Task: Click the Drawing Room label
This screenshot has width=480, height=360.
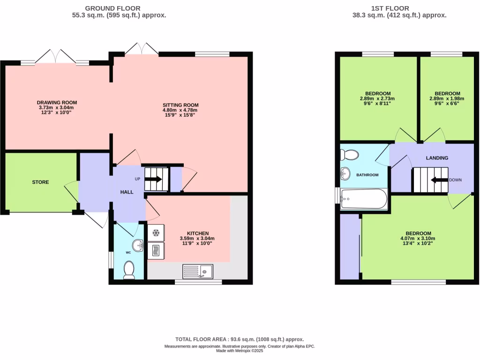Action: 57,102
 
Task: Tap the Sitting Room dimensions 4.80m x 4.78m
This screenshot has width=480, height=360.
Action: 180,110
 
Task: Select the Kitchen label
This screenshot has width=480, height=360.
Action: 197,233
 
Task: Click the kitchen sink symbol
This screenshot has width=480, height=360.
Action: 198,271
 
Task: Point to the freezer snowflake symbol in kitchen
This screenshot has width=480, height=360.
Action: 156,233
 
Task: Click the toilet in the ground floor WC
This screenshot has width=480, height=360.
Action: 128,270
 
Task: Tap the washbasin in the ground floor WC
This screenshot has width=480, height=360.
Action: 138,245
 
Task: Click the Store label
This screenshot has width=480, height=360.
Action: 40,182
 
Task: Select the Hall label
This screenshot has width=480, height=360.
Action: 127,192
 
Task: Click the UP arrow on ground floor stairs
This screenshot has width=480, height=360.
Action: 155,179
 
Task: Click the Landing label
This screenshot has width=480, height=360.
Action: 436,158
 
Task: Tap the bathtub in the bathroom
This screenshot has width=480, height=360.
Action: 364,199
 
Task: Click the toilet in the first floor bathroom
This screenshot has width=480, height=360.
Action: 349,154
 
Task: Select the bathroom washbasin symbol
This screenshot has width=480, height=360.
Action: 346,174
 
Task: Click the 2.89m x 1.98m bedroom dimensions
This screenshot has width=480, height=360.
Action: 447,99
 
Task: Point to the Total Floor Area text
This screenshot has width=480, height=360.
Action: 240,339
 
